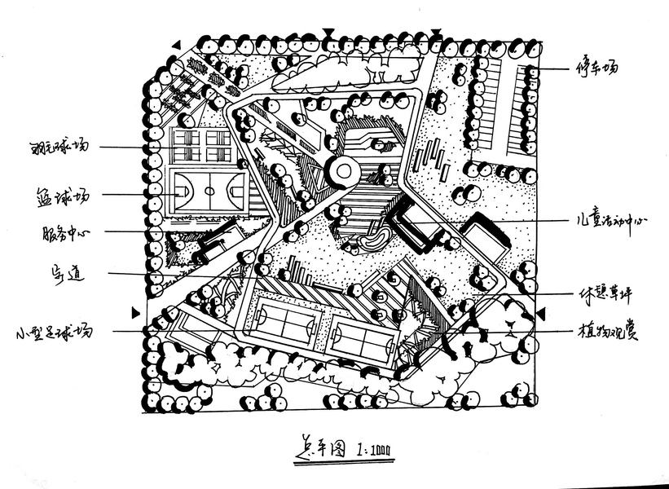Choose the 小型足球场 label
pyautogui.click(x=55, y=332)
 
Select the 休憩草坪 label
pyautogui.click(x=605, y=295)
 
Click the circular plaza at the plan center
pyautogui.click(x=342, y=170)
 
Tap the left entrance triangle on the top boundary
pyautogui.click(x=328, y=33)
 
